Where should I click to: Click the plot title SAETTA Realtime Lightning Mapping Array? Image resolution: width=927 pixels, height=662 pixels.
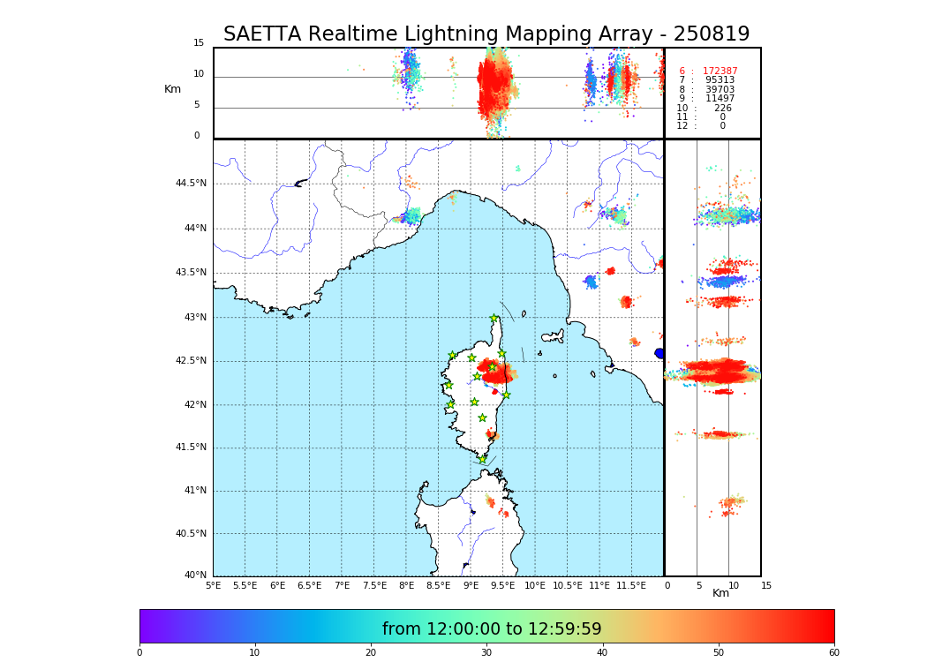pyautogui.click(x=486, y=34)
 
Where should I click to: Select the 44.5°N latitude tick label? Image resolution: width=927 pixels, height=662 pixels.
pyautogui.click(x=191, y=184)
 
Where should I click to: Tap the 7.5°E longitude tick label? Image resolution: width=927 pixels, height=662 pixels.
pyautogui.click(x=374, y=585)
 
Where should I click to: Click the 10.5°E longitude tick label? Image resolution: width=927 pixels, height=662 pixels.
pyautogui.click(x=568, y=585)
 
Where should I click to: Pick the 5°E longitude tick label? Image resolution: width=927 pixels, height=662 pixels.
pyautogui.click(x=213, y=585)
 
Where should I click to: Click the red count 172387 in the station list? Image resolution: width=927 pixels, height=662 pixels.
pyautogui.click(x=720, y=71)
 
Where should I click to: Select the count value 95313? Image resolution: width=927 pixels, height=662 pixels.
pyautogui.click(x=720, y=80)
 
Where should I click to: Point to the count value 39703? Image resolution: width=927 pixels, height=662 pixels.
pyautogui.click(x=720, y=90)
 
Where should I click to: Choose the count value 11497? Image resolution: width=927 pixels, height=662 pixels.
pyautogui.click(x=720, y=99)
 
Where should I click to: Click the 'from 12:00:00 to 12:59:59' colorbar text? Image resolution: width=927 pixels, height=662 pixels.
pyautogui.click(x=492, y=629)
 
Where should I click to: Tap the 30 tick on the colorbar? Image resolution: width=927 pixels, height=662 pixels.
pyautogui.click(x=486, y=653)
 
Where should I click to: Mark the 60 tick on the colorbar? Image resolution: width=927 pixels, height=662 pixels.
pyautogui.click(x=833, y=653)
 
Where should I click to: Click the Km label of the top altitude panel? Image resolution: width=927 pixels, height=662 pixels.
pyautogui.click(x=172, y=89)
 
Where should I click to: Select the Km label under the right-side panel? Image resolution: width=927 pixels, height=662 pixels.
pyautogui.click(x=720, y=593)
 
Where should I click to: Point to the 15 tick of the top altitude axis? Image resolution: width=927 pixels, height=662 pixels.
pyautogui.click(x=199, y=43)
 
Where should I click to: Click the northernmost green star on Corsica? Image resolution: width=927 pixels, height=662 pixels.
pyautogui.click(x=494, y=319)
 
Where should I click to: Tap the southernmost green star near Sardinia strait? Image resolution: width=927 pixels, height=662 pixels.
pyautogui.click(x=482, y=459)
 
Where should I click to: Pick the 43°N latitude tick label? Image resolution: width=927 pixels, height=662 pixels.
pyautogui.click(x=194, y=318)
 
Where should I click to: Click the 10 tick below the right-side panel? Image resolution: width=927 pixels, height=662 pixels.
pyautogui.click(x=734, y=585)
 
